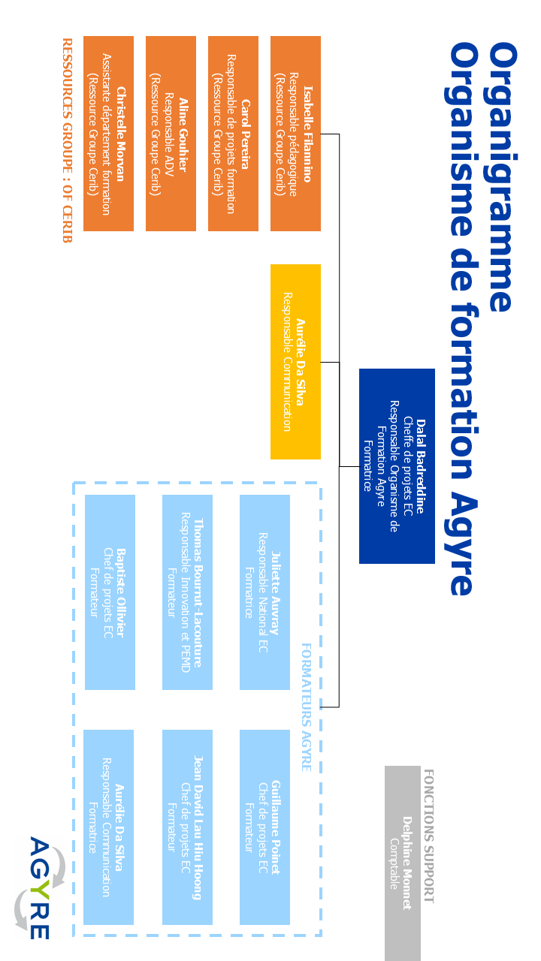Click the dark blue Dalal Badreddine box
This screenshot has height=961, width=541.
tap(397, 465)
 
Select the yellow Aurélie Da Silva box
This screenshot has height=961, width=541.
tap(295, 361)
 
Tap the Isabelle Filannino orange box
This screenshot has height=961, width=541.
tap(295, 134)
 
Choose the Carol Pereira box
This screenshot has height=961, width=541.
tap(233, 134)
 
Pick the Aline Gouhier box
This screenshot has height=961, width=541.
tap(171, 134)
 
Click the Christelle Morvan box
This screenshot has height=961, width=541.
tap(108, 134)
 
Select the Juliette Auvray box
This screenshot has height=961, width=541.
tap(264, 592)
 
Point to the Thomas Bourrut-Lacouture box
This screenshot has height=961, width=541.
tap(187, 592)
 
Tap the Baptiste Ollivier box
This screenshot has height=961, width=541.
tap(110, 592)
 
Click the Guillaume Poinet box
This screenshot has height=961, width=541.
tap(264, 827)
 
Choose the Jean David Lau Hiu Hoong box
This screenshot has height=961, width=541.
tap(187, 827)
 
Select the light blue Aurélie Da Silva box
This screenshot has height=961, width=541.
tap(108, 827)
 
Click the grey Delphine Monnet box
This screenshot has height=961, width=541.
tap(402, 863)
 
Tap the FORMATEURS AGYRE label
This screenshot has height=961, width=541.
tap(306, 706)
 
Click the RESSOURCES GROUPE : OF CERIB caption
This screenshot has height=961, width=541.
tap(66, 140)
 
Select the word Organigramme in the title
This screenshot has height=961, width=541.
tap(502, 176)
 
